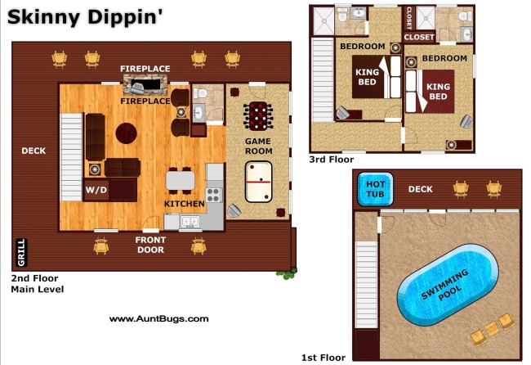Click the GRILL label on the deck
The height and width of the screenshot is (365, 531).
(x=21, y=252)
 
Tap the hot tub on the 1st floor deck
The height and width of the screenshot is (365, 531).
(x=375, y=189)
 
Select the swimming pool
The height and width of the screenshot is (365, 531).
(x=448, y=285)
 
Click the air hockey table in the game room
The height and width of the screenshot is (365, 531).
(x=258, y=182)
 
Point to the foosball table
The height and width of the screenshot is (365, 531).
(x=258, y=116)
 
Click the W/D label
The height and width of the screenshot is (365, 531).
(x=96, y=190)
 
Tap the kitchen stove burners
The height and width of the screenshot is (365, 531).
(x=213, y=195)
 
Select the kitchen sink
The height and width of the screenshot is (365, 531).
(x=190, y=222)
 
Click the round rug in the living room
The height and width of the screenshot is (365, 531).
(x=127, y=133)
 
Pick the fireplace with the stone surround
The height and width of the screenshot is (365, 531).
(x=145, y=84)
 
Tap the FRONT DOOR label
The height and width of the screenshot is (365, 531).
(x=150, y=245)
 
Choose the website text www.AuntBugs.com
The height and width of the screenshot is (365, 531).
(x=158, y=318)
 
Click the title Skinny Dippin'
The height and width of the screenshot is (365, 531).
(x=85, y=17)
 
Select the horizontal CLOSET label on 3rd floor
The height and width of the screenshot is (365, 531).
(x=419, y=37)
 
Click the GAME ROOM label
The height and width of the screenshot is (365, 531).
(x=258, y=146)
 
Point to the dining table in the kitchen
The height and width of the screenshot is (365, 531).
(x=181, y=181)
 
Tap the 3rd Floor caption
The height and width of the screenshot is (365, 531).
(x=331, y=160)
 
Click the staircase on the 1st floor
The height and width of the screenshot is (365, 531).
(x=366, y=284)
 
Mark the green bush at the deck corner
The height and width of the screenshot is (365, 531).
(x=288, y=273)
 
